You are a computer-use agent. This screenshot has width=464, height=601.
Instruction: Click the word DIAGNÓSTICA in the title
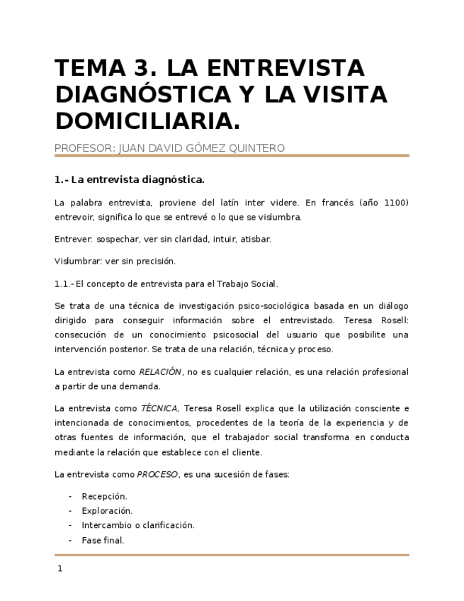(139, 94)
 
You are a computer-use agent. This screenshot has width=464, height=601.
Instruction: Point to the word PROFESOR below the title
(84, 148)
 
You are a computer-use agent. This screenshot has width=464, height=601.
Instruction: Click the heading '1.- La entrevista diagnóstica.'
(130, 179)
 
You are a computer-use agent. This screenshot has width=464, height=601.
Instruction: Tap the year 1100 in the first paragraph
(396, 203)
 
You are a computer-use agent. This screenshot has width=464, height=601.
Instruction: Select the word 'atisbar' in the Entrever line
(256, 239)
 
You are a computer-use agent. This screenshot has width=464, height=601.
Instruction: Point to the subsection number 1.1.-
(63, 283)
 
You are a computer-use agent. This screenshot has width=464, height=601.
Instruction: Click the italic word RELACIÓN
(160, 372)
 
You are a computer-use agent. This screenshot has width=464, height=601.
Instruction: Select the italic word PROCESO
(158, 474)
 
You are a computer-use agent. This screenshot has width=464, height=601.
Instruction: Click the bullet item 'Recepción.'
(104, 496)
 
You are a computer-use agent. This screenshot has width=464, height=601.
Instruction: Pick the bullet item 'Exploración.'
(107, 511)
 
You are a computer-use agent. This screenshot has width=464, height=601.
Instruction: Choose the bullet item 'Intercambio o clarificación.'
(138, 525)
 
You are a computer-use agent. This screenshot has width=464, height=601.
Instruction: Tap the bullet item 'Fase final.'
(103, 540)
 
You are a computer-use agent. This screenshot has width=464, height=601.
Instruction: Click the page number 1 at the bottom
(60, 568)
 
